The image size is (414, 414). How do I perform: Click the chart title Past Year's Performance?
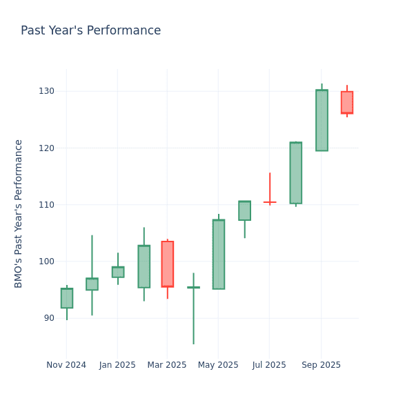[x=90, y=31]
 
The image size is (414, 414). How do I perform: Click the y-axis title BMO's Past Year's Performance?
[x=19, y=213]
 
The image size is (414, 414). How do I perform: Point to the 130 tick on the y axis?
[x=46, y=91]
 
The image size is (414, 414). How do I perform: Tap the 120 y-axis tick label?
[x=46, y=148]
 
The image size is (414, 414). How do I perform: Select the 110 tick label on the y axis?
[x=46, y=205]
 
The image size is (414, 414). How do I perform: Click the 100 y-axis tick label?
[x=46, y=262]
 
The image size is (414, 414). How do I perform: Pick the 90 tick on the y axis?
[x=48, y=318]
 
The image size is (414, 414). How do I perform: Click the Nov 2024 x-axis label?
[x=66, y=365]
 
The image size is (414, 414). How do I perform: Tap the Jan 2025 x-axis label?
[x=117, y=365]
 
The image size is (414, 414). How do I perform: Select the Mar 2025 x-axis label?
[x=167, y=365]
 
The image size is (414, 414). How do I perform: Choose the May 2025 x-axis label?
[x=218, y=365]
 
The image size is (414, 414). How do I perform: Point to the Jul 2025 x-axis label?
[x=269, y=365]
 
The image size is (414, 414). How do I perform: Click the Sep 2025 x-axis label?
[x=321, y=365]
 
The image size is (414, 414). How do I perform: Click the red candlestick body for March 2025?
[x=167, y=264]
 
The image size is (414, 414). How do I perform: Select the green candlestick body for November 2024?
[x=66, y=298]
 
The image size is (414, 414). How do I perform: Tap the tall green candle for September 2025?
[x=322, y=120]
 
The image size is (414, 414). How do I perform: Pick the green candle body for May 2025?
[x=218, y=254]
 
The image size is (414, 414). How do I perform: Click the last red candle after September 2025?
[x=346, y=102]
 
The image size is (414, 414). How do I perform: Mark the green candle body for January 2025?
[x=117, y=272]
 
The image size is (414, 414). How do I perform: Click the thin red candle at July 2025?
[x=269, y=201]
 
